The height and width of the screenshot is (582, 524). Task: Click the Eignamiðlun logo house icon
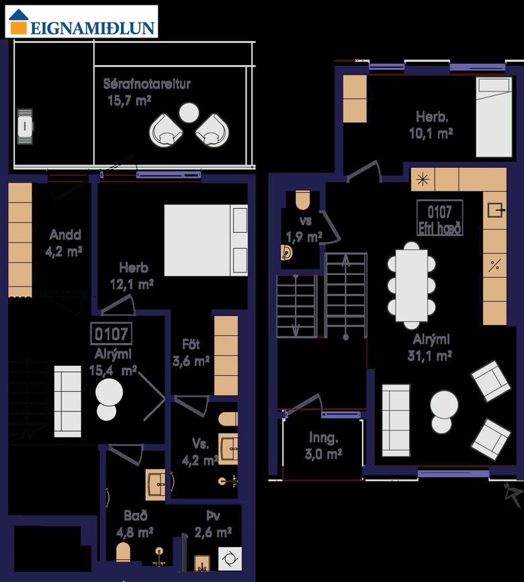19,22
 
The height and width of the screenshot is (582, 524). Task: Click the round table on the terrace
189,113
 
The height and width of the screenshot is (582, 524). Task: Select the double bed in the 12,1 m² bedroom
206,240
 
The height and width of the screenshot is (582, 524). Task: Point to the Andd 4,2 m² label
64,243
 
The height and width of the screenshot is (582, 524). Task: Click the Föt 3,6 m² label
191,352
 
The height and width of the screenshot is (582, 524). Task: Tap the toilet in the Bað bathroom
123,552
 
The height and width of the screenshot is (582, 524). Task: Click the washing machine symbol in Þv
230,559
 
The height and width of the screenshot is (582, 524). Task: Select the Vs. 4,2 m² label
200,452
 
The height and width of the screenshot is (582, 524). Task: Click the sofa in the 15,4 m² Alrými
68,401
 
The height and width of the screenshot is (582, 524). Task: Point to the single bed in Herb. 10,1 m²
494,117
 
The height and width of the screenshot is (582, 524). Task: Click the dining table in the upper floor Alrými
411,285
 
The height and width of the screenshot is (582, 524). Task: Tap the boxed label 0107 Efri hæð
440,218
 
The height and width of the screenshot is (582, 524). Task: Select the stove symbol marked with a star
423,180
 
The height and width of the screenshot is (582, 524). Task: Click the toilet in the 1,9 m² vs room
303,200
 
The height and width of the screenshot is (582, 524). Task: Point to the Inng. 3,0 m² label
323,446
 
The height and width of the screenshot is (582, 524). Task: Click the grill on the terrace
26,127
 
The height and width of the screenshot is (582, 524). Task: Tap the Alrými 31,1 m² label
430,348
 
